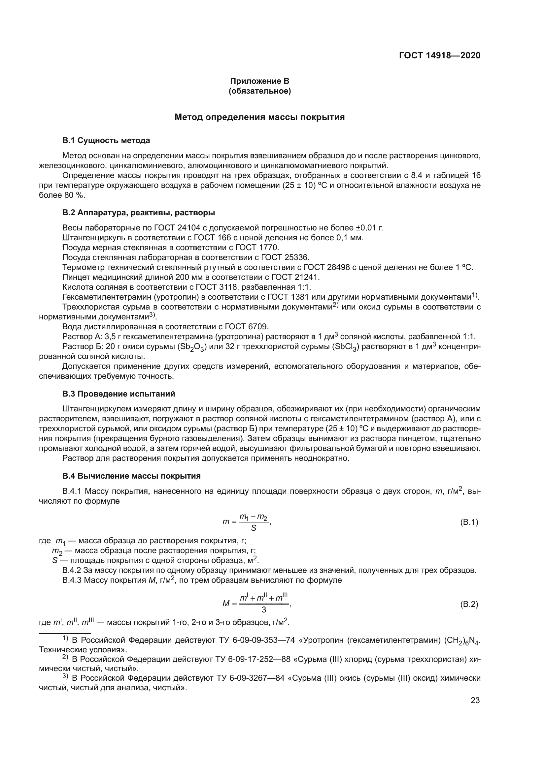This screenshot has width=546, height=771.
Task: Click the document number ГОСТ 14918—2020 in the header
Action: point(439,55)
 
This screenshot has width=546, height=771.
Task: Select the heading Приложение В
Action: point(259,81)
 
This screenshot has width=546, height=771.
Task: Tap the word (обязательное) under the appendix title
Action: point(259,91)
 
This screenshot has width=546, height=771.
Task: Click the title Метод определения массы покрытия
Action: point(259,117)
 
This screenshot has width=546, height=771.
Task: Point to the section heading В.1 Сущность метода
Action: point(106,140)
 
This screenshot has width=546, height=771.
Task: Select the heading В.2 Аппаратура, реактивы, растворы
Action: point(139,213)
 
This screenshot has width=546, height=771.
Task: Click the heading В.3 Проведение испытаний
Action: point(119,394)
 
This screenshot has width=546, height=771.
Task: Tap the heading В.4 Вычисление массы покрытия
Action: point(131,476)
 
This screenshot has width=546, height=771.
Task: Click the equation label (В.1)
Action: point(469,522)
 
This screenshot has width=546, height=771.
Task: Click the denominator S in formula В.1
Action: point(254,528)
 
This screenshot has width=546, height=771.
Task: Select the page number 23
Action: point(475,700)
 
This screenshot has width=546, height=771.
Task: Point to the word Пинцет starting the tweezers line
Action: point(74,277)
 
